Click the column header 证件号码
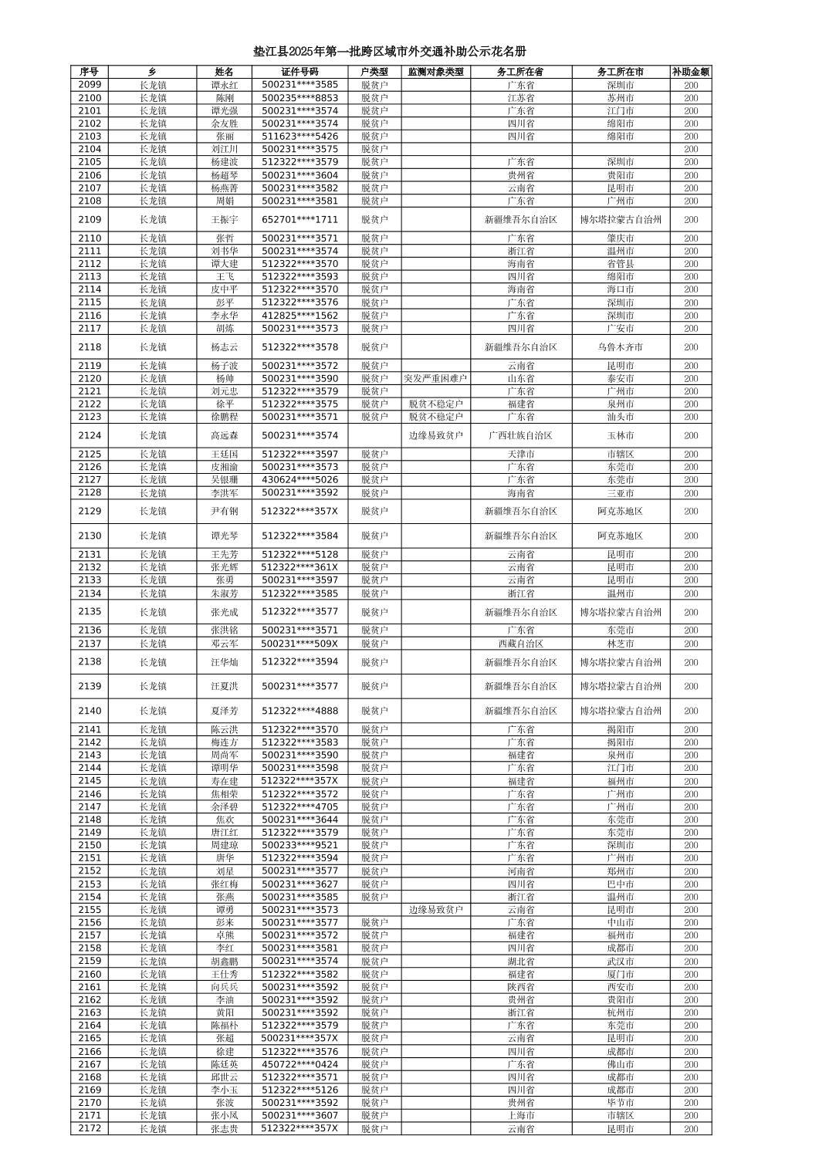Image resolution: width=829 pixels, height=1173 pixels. pyautogui.click(x=299, y=72)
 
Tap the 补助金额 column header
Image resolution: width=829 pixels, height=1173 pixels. pyautogui.click(x=690, y=72)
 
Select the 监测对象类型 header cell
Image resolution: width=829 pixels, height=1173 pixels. pyautogui.click(x=435, y=72)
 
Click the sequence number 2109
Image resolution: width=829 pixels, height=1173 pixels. pyautogui.click(x=90, y=219)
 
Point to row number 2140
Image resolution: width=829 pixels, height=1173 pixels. pyautogui.click(x=90, y=711)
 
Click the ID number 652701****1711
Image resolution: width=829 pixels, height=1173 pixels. pyautogui.click(x=299, y=219)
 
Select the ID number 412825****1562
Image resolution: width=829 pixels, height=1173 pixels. pyautogui.click(x=299, y=315)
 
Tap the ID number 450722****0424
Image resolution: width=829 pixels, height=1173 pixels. pyautogui.click(x=299, y=1064)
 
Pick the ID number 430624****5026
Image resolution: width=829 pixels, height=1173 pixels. pyautogui.click(x=299, y=479)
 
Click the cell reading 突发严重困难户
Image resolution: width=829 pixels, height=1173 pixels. pyautogui.click(x=435, y=379)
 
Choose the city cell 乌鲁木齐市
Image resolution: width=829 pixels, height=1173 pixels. pyautogui.click(x=620, y=347)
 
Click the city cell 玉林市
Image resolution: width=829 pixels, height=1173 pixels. pyautogui.click(x=620, y=435)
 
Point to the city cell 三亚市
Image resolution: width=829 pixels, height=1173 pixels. pyautogui.click(x=620, y=492)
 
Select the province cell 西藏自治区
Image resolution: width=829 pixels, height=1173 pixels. pyautogui.click(x=520, y=644)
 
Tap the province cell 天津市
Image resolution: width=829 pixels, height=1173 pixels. pyautogui.click(x=520, y=454)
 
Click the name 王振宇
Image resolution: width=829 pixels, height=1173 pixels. pyautogui.click(x=225, y=219)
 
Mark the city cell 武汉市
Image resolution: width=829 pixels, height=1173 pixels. pyautogui.click(x=620, y=961)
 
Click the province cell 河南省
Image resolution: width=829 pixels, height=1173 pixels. pyautogui.click(x=520, y=870)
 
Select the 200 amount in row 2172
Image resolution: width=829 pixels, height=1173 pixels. pyautogui.click(x=690, y=1128)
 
